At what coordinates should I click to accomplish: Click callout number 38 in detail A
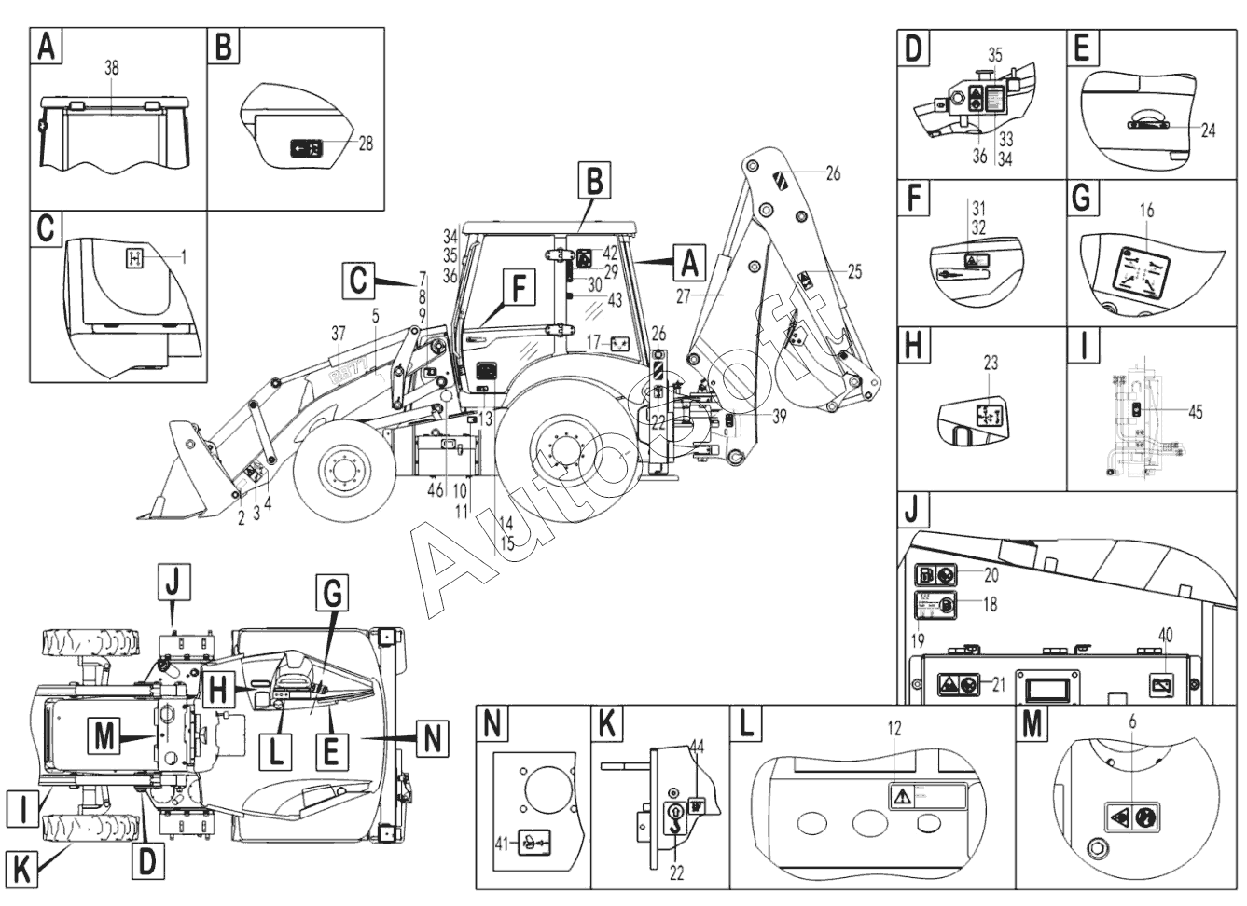tap(112, 69)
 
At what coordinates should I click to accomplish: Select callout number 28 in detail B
tap(365, 144)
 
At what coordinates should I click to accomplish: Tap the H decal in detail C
tap(134, 258)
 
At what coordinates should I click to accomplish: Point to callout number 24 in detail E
tap(1208, 131)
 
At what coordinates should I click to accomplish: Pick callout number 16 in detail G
tap(1146, 211)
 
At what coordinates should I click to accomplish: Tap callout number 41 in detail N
tap(499, 843)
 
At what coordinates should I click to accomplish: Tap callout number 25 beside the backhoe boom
tap(854, 272)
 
